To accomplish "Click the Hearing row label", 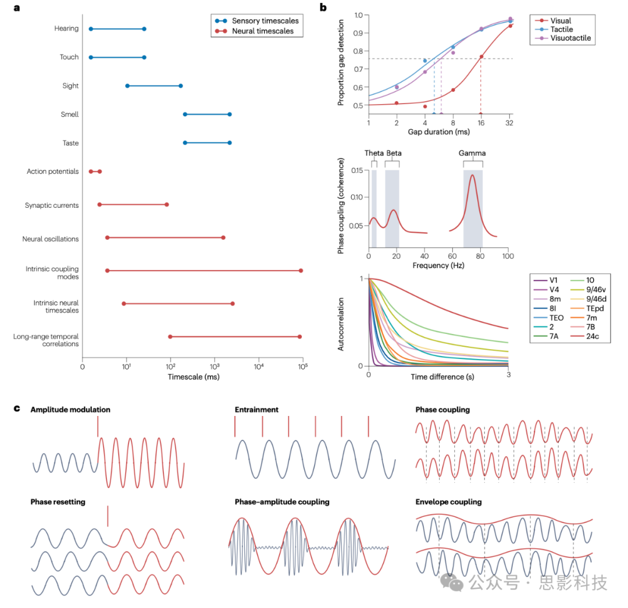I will [66, 29].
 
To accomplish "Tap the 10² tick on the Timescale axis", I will [170, 367].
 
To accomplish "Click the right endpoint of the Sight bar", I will [180, 86].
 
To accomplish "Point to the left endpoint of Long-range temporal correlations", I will [170, 337].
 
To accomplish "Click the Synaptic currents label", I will [52, 205].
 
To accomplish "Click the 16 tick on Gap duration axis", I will [480, 124].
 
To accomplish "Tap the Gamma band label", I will [472, 154].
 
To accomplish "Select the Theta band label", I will [374, 153].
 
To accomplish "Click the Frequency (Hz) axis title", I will [438, 265].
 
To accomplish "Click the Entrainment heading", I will [256, 410].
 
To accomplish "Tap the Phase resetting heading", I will [58, 502].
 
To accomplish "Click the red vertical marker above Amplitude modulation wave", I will [98, 426].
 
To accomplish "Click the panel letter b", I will [323, 8].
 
